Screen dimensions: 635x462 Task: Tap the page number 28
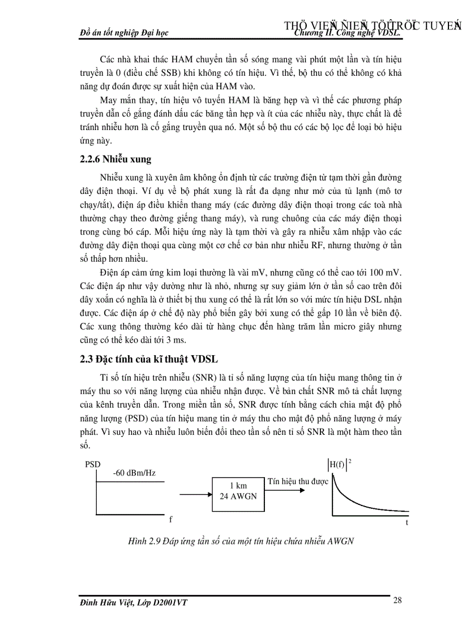pos(397,601)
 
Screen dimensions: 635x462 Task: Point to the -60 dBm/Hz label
pos(134,473)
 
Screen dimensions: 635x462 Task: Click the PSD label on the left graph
pos(92,464)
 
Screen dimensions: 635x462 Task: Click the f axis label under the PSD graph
pos(170,519)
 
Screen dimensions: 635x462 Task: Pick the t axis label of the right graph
pos(407,523)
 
